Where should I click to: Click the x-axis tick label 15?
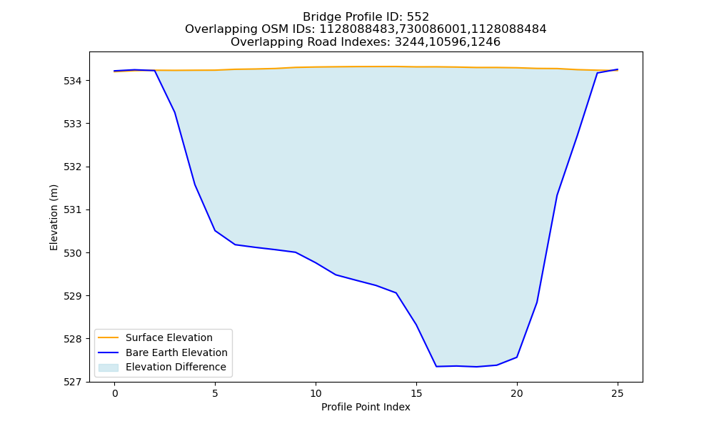pyautogui.click(x=416, y=393)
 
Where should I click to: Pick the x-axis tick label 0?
pyautogui.click(x=115, y=393)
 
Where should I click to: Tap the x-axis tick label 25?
pyautogui.click(x=618, y=393)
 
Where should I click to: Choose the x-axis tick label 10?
pyautogui.click(x=316, y=393)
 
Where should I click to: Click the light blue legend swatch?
pyautogui.click(x=109, y=368)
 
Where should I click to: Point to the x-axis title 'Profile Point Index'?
pyautogui.click(x=366, y=407)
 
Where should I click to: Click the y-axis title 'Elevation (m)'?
pyautogui.click(x=54, y=217)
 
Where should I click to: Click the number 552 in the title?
pyautogui.click(x=418, y=17)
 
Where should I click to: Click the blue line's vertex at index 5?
pyautogui.click(x=216, y=231)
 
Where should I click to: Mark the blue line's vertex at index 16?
pyautogui.click(x=436, y=367)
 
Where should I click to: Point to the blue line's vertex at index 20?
pyautogui.click(x=517, y=357)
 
